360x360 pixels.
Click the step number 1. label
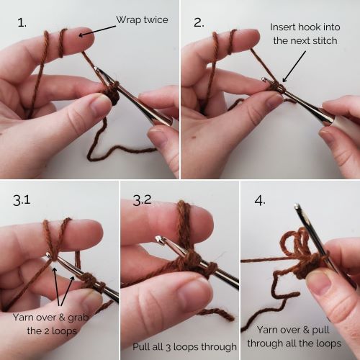click(x=22, y=22)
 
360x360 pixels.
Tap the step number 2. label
click(x=199, y=22)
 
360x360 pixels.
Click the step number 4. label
click(x=260, y=199)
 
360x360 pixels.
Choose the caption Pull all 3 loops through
click(x=179, y=346)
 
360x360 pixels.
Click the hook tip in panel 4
click(x=297, y=210)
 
